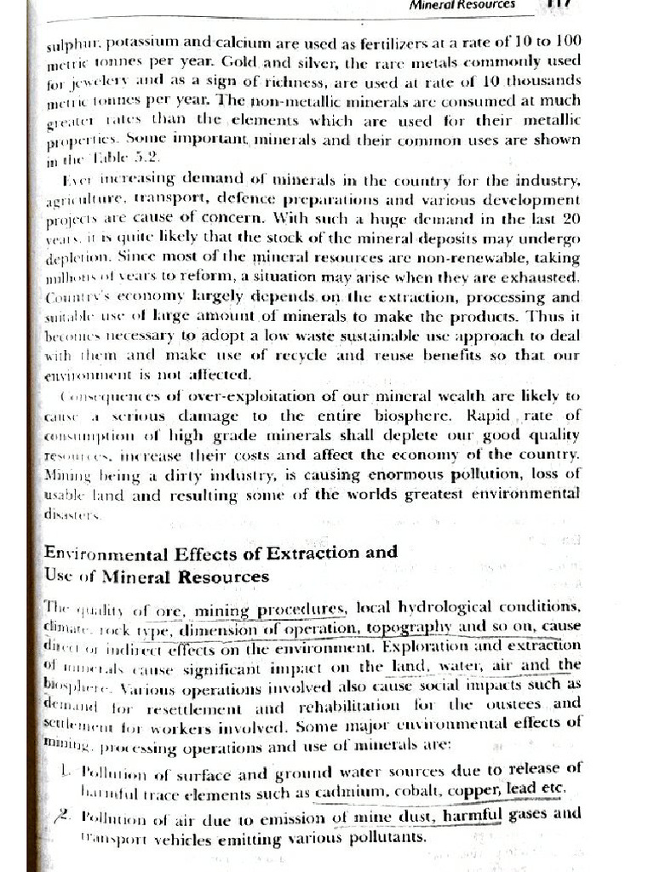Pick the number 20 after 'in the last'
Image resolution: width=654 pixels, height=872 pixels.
tap(571, 219)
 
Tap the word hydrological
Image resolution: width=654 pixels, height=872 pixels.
tap(430, 609)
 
